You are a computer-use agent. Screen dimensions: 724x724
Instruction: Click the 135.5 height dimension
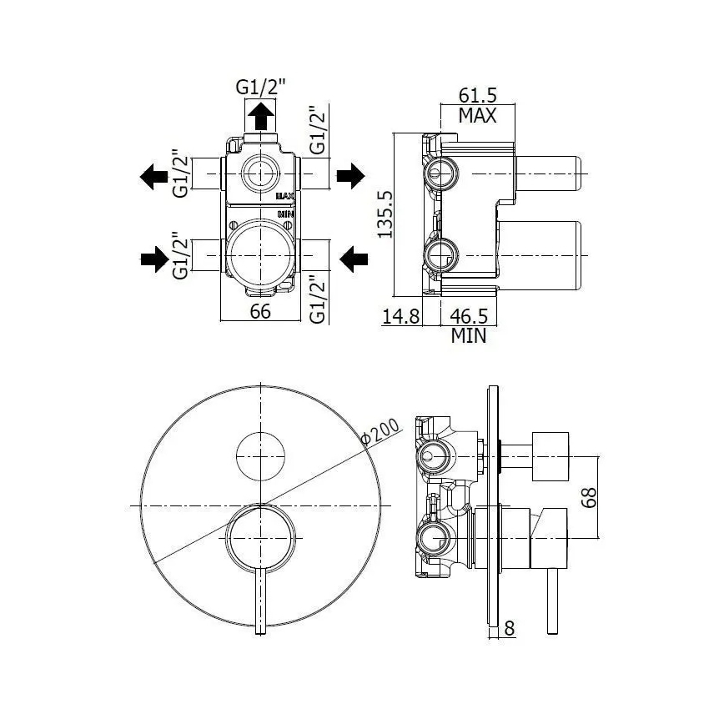click(x=385, y=214)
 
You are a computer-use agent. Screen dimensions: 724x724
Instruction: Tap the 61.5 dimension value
click(x=477, y=96)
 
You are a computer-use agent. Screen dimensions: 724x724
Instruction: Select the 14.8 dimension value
click(x=400, y=317)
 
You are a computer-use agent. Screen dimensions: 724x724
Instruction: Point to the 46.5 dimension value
click(x=469, y=317)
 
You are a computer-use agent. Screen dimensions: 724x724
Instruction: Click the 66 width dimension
click(x=260, y=311)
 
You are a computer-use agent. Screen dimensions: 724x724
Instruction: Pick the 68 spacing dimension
click(x=589, y=497)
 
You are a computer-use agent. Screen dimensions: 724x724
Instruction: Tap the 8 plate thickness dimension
click(x=510, y=628)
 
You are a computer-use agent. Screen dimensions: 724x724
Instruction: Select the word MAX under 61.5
click(x=477, y=115)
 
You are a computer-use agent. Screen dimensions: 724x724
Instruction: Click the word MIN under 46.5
click(x=469, y=335)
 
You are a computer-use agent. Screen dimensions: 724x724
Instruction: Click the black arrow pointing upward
click(x=261, y=116)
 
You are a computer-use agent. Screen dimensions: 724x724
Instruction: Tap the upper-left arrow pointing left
click(x=154, y=176)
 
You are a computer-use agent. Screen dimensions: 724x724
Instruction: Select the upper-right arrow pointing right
click(x=351, y=176)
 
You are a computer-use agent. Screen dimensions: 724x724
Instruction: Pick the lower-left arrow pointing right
click(x=154, y=259)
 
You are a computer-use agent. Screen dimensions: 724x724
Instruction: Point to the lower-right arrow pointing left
click(x=354, y=259)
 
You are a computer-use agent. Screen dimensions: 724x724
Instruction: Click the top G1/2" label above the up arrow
click(x=261, y=87)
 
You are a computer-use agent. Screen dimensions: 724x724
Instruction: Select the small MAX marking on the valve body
click(x=285, y=196)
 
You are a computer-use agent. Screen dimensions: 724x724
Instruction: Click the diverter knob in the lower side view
click(x=551, y=456)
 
